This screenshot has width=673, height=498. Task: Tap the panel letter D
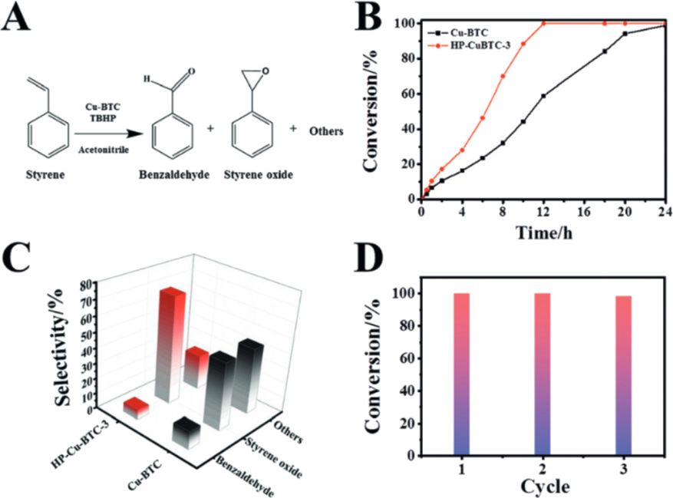378,262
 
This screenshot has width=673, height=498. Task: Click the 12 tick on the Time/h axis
543,213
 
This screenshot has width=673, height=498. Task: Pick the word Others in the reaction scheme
325,130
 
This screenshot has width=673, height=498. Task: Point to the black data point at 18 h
605,51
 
